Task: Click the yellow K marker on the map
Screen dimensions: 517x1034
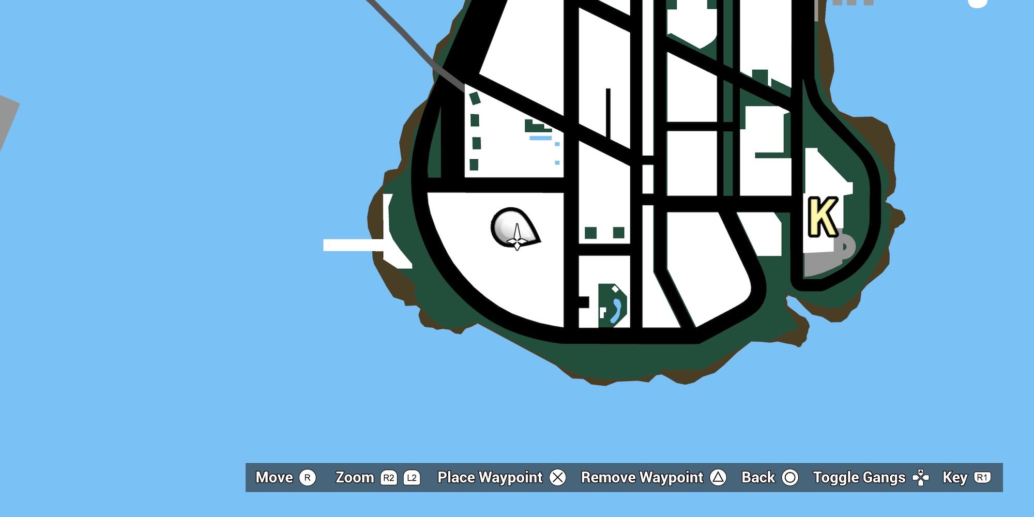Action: coord(823,217)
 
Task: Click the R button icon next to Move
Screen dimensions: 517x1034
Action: coord(308,478)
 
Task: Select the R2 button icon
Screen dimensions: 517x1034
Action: coord(389,478)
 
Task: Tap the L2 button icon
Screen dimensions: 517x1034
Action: coord(412,478)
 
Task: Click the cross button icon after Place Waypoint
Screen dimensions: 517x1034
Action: coord(558,478)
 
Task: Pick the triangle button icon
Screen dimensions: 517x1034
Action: coord(718,478)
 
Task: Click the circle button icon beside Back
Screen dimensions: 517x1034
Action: coord(789,478)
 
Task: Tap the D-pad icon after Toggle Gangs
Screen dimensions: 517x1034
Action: coord(921,478)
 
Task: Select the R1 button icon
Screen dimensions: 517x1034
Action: coord(982,478)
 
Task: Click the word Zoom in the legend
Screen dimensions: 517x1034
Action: coord(355,478)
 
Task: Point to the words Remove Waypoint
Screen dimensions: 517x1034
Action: coord(642,478)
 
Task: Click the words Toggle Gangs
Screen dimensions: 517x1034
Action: coord(859,478)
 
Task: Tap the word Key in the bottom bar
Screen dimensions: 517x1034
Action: coord(954,478)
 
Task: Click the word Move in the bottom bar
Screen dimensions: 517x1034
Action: coord(274,478)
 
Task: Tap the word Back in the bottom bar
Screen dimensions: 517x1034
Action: coord(758,478)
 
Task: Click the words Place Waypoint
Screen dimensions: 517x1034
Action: coord(490,478)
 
